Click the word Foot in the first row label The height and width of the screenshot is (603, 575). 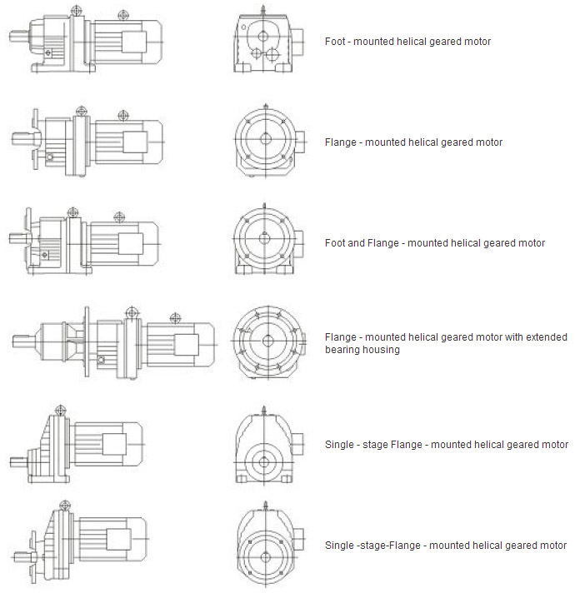pos(334,41)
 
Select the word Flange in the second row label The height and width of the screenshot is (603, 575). pos(341,142)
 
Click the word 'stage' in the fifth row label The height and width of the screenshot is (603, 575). pos(374,445)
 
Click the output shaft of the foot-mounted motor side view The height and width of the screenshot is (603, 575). pos(18,37)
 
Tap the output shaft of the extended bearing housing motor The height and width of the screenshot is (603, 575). pos(25,341)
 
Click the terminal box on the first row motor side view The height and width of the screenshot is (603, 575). pos(134,42)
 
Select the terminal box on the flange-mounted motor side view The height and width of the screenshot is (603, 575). pos(135,142)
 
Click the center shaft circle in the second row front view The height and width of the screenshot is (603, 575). pos(266,138)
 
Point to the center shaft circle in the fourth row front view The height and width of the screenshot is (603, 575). pos(267,341)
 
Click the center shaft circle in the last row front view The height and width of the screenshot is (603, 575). pos(265,557)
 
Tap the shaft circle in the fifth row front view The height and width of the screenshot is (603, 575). pos(264,462)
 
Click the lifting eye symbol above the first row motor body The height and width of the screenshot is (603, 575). pos(122,16)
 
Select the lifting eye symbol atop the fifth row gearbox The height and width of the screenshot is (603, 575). pos(61,410)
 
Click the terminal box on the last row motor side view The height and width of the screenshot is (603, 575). pos(118,539)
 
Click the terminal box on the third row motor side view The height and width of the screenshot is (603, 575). pos(131,244)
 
